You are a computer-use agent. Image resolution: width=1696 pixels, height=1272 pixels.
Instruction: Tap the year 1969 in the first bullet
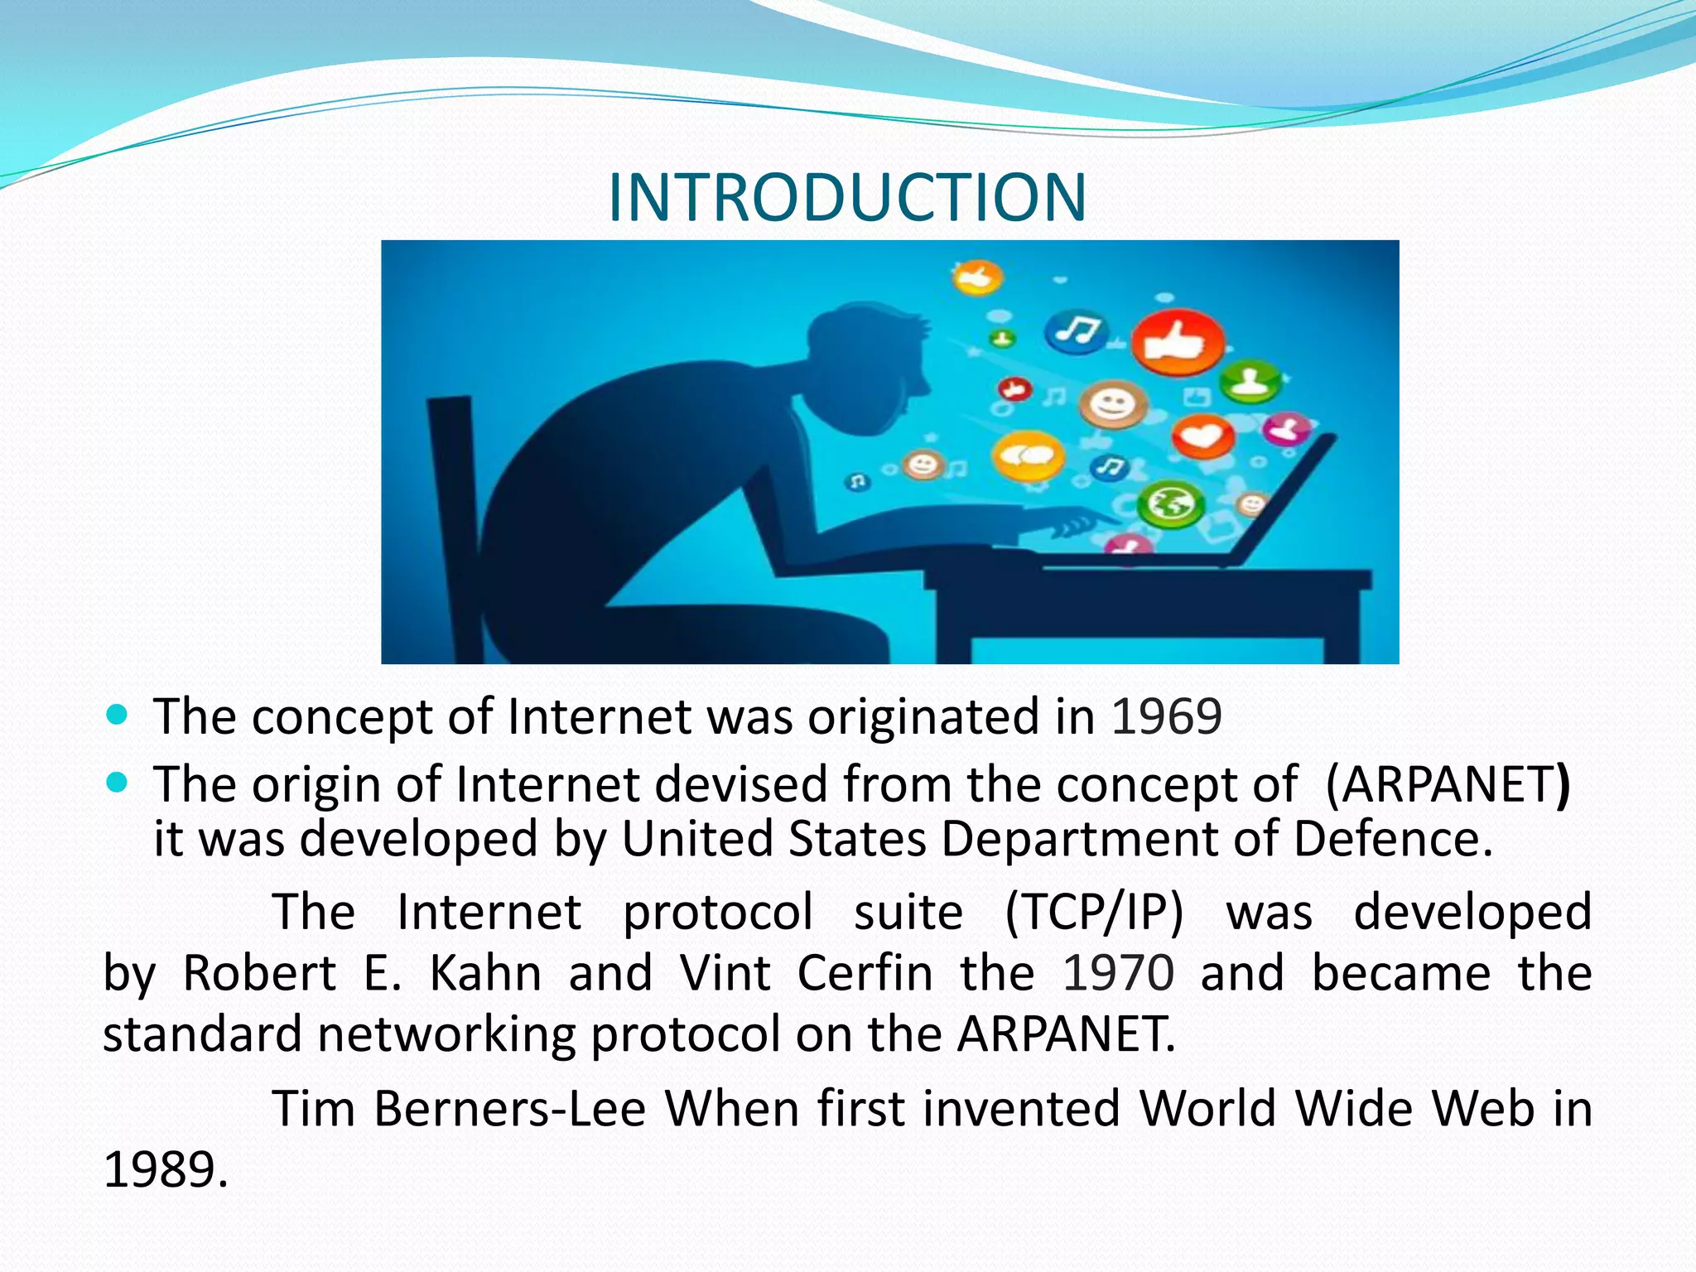1166,717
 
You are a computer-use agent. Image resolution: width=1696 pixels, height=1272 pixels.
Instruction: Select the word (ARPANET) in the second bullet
1448,784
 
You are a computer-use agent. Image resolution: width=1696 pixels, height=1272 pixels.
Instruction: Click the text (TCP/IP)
1094,913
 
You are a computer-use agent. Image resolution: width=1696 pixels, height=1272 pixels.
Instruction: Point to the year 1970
1118,973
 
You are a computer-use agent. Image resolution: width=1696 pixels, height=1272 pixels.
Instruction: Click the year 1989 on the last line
164,1170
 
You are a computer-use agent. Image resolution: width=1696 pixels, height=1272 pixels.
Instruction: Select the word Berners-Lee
509,1109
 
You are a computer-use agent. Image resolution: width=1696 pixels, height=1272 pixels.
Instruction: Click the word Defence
1392,839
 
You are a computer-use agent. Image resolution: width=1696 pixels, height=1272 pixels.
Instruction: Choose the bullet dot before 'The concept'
118,714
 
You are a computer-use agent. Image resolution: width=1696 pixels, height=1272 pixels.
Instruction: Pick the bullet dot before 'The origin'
118,782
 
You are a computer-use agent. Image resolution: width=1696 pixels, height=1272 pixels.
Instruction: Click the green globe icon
1168,503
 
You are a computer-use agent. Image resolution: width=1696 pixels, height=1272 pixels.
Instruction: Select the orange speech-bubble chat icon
1028,455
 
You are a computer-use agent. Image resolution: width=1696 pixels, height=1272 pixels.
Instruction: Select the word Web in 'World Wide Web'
1483,1109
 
